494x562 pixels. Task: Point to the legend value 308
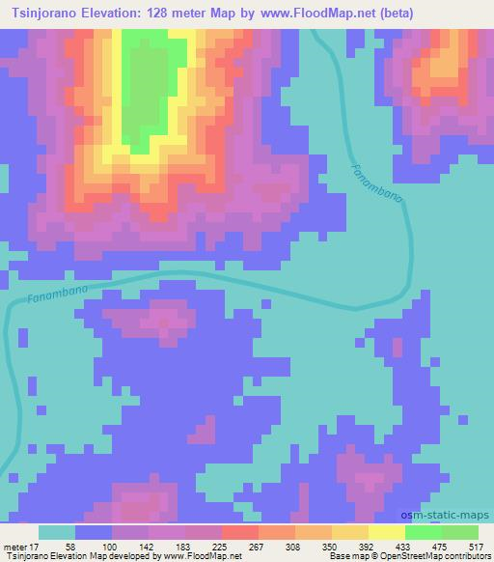pyautogui.click(x=294, y=548)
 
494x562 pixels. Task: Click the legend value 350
pyautogui.click(x=331, y=548)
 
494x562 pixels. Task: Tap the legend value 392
pyautogui.click(x=368, y=548)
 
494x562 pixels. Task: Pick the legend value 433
pyautogui.click(x=404, y=548)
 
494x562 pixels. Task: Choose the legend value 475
pyautogui.click(x=440, y=548)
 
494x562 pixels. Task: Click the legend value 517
pyautogui.click(x=477, y=548)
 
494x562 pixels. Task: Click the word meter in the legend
pyautogui.click(x=13, y=548)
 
